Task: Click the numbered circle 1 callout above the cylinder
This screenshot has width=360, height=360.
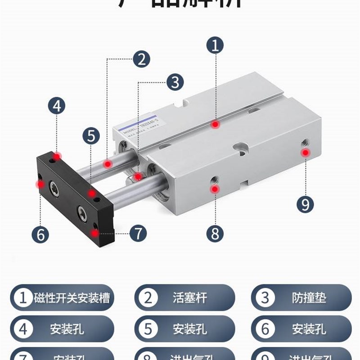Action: click(215, 45)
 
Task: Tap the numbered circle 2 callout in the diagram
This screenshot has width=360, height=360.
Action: click(141, 59)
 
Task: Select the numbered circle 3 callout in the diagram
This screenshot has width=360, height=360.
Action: click(175, 82)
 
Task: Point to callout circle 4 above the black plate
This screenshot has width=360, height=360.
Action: click(57, 106)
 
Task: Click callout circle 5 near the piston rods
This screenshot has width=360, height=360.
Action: click(91, 135)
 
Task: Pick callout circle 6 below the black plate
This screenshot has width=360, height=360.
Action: click(40, 234)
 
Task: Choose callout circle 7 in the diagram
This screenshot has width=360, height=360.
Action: click(138, 233)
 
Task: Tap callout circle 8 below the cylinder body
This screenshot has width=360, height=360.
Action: click(215, 234)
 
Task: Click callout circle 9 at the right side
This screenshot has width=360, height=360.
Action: click(305, 205)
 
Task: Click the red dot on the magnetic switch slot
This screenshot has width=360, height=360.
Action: click(216, 124)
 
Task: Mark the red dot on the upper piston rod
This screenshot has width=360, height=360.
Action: click(108, 164)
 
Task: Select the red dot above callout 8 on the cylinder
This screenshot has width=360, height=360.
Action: click(215, 189)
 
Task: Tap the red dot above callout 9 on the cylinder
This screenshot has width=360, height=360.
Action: click(305, 153)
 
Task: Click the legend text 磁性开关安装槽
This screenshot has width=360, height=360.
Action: click(72, 298)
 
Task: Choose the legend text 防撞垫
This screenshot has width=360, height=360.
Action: click(309, 298)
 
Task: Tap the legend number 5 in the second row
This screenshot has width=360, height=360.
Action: click(148, 329)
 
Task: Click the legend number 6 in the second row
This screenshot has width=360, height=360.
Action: click(265, 329)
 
